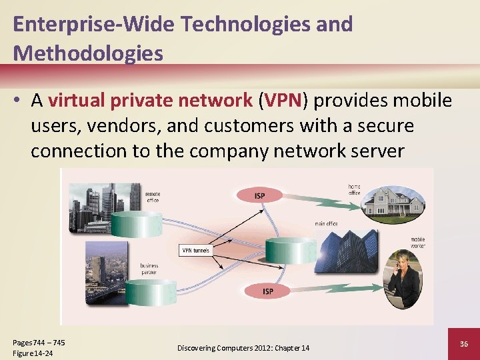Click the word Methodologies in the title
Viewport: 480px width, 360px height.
pyautogui.click(x=88, y=53)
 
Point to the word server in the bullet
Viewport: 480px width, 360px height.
pyautogui.click(x=373, y=151)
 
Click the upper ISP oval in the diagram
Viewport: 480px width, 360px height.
pyautogui.click(x=259, y=195)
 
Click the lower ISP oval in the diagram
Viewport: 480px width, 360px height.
pyautogui.click(x=267, y=291)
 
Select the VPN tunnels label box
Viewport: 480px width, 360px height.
pyautogui.click(x=195, y=251)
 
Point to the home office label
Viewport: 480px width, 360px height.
pyautogui.click(x=355, y=189)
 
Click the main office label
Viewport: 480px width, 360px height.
pyautogui.click(x=326, y=224)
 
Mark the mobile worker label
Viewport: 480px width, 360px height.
pyautogui.click(x=418, y=243)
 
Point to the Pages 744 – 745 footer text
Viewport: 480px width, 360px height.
pyautogui.click(x=39, y=343)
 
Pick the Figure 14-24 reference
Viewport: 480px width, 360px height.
pyautogui.click(x=33, y=353)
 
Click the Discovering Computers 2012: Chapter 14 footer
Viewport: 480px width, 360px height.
pyautogui.click(x=243, y=348)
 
